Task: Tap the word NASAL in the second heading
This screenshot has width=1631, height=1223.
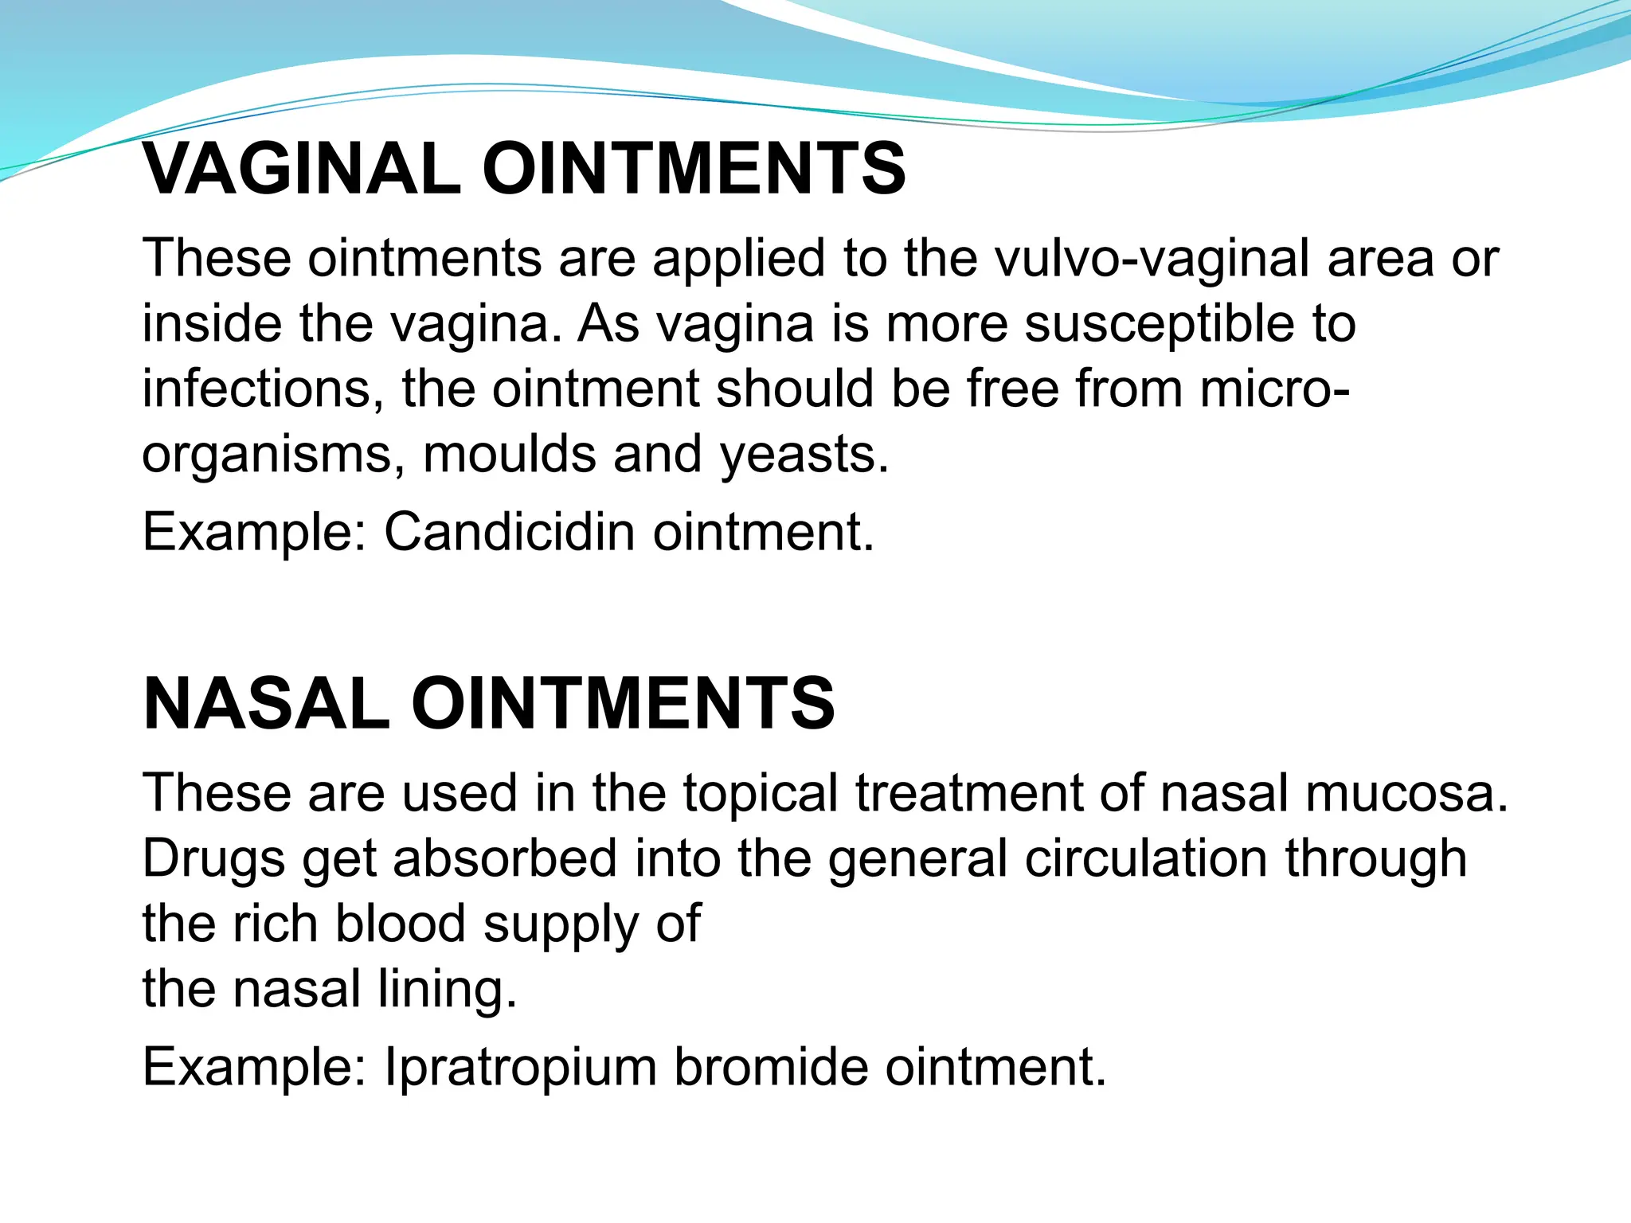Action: click(267, 703)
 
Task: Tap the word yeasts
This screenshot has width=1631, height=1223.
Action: click(804, 455)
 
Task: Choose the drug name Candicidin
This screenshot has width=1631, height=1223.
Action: click(510, 532)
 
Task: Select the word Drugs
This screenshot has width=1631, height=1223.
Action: click(214, 859)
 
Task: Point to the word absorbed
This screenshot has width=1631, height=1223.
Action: click(505, 859)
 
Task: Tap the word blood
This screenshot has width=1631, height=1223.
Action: click(400, 924)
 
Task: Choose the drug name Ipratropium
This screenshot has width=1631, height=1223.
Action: click(520, 1067)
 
